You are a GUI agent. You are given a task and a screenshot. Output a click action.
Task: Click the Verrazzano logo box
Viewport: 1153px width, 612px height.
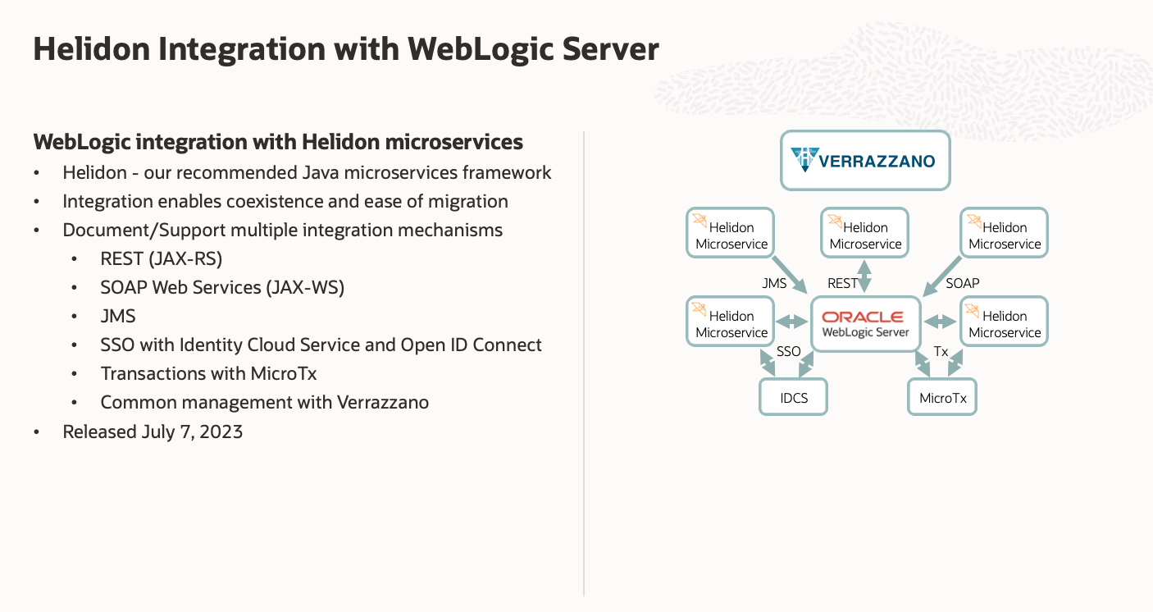click(864, 160)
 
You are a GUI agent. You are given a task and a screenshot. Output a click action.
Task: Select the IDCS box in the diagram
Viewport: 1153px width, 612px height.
click(794, 399)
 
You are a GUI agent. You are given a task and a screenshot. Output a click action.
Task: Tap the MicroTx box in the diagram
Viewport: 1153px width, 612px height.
click(942, 399)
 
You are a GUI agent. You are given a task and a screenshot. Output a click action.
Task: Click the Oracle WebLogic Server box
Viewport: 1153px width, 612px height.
click(865, 324)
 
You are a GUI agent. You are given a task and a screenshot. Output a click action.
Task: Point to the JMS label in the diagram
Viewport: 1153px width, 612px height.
click(774, 283)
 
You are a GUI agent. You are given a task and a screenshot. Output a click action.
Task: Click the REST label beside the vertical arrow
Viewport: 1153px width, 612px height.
click(842, 283)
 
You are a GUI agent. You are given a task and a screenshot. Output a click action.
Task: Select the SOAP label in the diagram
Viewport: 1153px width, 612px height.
click(962, 283)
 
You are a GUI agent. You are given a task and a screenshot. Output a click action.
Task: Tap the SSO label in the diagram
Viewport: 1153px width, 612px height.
click(788, 351)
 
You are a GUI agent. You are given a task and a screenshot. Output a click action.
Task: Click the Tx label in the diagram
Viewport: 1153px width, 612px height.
click(941, 351)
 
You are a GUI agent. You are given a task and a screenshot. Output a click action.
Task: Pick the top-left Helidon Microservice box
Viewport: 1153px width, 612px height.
click(731, 235)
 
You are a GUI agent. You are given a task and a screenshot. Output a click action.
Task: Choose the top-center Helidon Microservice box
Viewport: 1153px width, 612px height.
click(865, 235)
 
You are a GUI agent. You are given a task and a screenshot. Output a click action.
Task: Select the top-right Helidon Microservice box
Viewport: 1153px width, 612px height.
click(1004, 235)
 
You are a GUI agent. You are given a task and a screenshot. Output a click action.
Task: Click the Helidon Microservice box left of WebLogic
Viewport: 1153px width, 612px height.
click(731, 323)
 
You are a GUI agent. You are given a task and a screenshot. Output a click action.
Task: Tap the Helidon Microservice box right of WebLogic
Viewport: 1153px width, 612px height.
click(1004, 323)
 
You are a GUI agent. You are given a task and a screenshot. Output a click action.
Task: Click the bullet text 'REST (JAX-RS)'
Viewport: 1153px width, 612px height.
click(162, 258)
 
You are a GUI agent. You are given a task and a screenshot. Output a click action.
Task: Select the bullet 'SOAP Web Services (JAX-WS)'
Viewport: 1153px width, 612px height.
click(222, 287)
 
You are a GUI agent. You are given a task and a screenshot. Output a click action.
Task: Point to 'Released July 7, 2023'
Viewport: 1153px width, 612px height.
click(153, 432)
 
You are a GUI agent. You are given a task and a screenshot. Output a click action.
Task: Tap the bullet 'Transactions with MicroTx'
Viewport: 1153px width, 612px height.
click(208, 373)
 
